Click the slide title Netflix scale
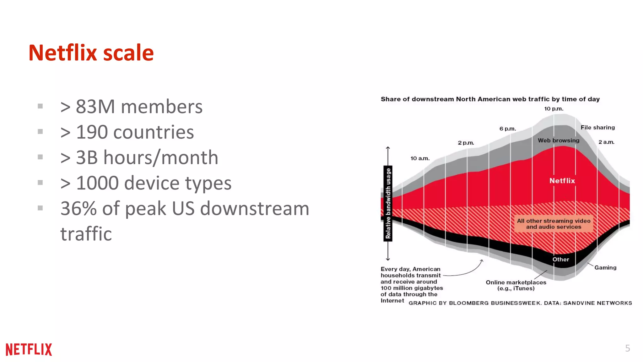click(x=91, y=53)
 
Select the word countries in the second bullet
click(x=154, y=132)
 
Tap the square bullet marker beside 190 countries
click(x=40, y=132)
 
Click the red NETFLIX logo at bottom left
click(x=29, y=349)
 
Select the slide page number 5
click(x=627, y=348)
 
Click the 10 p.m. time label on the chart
click(x=554, y=109)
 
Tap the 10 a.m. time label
click(x=420, y=158)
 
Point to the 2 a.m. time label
click(x=606, y=142)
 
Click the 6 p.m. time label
click(x=508, y=129)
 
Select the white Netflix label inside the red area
click(x=562, y=181)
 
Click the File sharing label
click(x=597, y=128)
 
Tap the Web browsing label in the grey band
click(x=559, y=140)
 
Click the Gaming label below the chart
click(x=605, y=268)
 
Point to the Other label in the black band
click(x=561, y=260)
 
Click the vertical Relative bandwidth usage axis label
click(x=388, y=203)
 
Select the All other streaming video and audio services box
click(x=554, y=224)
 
